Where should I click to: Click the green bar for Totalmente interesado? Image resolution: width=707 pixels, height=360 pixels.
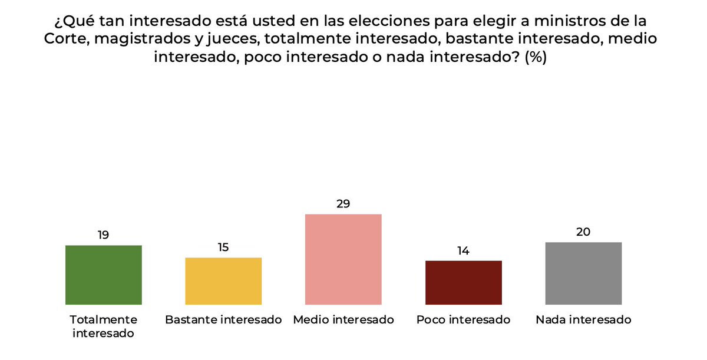pos(103,275)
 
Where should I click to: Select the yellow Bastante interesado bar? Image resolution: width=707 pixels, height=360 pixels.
pos(223,281)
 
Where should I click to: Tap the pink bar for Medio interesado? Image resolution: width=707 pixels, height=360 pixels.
pos(343,259)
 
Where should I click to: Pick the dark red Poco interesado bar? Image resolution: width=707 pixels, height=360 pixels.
pos(463,282)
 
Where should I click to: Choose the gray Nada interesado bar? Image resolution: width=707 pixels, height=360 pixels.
pos(583,273)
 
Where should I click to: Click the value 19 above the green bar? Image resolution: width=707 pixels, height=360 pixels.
pos(103,235)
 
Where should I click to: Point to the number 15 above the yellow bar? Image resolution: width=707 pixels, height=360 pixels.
pos(223,247)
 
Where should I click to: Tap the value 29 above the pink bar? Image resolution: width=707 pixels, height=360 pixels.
pos(343,204)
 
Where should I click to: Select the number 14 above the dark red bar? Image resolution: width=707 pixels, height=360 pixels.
pos(463,250)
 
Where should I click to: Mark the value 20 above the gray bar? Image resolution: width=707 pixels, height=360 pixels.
pos(583,232)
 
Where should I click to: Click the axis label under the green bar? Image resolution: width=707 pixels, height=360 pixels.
pos(103,326)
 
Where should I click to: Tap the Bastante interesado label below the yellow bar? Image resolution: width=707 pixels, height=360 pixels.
pos(223,320)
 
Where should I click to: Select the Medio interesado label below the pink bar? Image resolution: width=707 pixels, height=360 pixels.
pos(343,320)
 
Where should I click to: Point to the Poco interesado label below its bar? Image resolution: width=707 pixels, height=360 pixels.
pos(463,320)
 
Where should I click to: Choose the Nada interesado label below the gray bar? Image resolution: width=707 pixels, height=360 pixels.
pos(583,320)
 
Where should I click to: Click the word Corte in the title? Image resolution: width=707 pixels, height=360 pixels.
pos(64,39)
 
